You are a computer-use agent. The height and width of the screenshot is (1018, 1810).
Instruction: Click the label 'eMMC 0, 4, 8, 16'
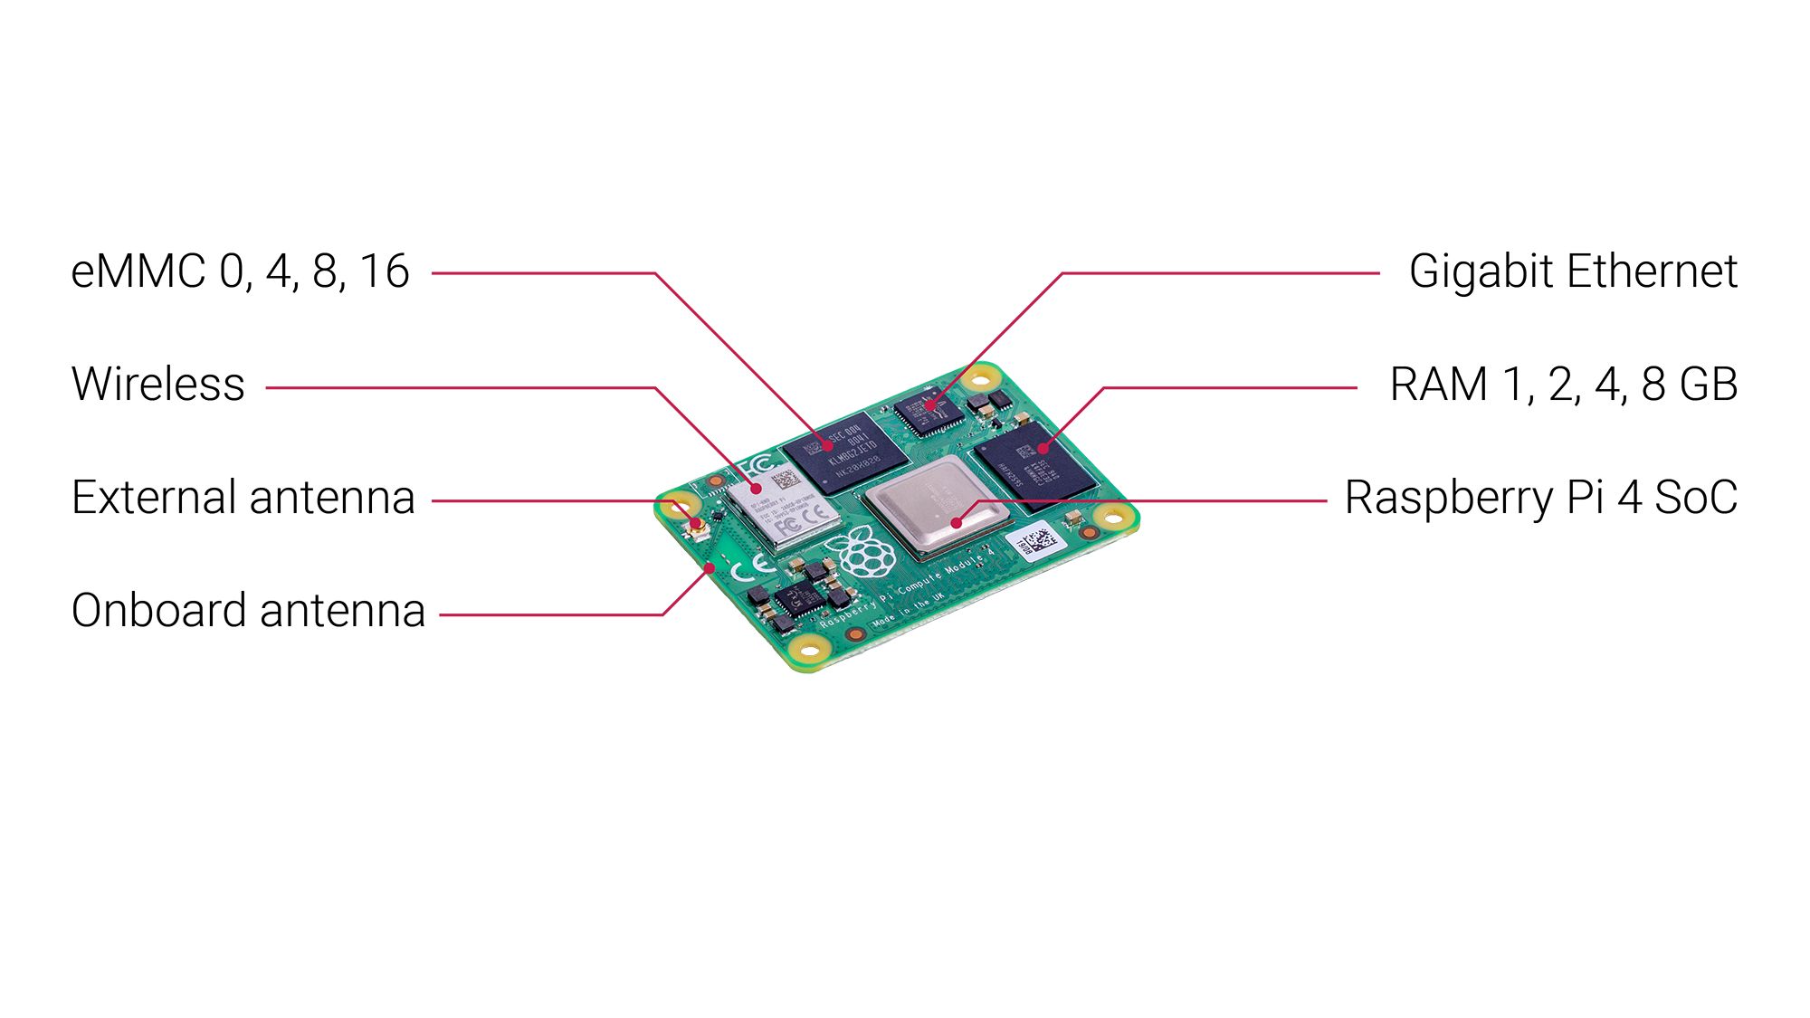click(240, 271)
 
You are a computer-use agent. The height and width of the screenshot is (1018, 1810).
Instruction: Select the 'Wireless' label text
click(157, 385)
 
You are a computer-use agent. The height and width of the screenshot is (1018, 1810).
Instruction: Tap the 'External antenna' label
click(243, 498)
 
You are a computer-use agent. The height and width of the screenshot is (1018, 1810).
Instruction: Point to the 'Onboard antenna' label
click(248, 611)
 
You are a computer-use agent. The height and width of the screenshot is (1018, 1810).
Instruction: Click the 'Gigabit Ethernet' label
click(1573, 271)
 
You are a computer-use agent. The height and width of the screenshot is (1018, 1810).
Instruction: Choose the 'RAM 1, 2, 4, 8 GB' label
click(1563, 385)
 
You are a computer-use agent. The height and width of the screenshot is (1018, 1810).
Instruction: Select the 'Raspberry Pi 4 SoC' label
click(1540, 498)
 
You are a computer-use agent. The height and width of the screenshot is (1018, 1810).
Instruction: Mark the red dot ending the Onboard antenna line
click(710, 568)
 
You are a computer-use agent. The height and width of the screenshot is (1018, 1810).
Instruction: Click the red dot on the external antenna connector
click(697, 525)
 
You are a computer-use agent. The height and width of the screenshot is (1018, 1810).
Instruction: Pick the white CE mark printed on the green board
click(750, 569)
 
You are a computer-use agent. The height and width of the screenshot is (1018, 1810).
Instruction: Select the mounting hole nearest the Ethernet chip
click(980, 375)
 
